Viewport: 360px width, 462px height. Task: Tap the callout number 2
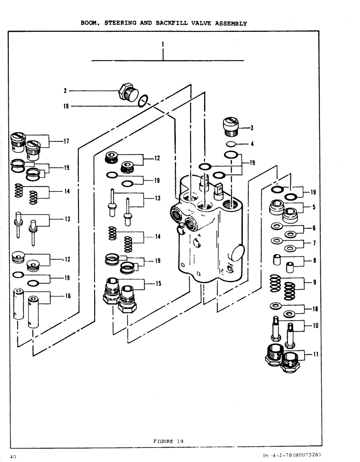pyautogui.click(x=66, y=91)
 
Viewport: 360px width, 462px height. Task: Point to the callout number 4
pyautogui.click(x=252, y=144)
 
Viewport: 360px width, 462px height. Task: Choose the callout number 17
pyautogui.click(x=66, y=141)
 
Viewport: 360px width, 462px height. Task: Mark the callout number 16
pyautogui.click(x=68, y=296)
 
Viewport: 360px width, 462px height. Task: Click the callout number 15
pyautogui.click(x=158, y=284)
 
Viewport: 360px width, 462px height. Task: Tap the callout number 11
pyautogui.click(x=315, y=355)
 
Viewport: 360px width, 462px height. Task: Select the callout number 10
pyautogui.click(x=315, y=325)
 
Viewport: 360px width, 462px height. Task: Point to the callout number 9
pyautogui.click(x=314, y=282)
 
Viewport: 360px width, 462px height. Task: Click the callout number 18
pyautogui.click(x=315, y=309)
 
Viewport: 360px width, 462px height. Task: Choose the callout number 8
pyautogui.click(x=314, y=261)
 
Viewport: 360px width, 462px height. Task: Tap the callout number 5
pyautogui.click(x=314, y=207)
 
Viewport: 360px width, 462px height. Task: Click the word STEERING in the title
pyautogui.click(x=132, y=23)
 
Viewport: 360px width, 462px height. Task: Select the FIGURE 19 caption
pyautogui.click(x=168, y=441)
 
